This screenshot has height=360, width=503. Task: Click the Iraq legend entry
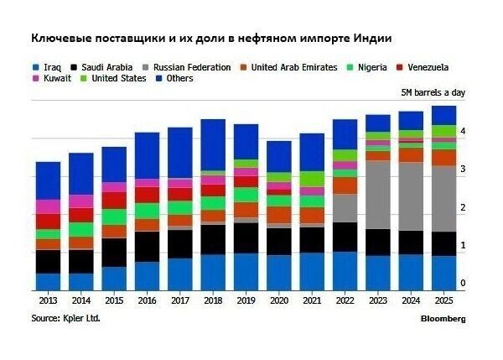(49, 67)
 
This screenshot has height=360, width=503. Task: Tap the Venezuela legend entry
(428, 67)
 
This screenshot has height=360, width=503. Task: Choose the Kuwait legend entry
(55, 79)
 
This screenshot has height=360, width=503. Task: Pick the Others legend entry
(179, 79)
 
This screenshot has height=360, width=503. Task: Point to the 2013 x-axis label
(48, 300)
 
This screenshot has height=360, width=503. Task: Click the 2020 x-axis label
(277, 300)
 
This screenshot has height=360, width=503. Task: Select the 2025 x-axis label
(443, 300)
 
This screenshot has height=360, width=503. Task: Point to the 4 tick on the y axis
(463, 132)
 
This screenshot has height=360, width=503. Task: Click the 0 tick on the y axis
(463, 284)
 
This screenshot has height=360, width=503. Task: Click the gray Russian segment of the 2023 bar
(378, 194)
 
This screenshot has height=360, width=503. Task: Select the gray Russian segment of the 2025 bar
(443, 198)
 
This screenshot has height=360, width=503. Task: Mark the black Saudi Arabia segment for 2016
(147, 247)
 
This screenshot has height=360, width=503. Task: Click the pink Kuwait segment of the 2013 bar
(48, 206)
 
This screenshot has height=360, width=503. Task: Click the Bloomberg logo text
(443, 319)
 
